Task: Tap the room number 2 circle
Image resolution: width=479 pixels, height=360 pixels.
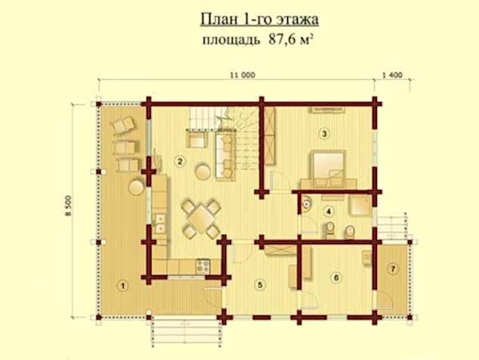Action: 180,160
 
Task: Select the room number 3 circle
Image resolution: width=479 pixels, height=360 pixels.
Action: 323,135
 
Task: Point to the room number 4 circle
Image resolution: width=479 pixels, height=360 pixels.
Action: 329,211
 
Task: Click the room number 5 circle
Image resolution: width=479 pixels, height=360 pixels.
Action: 260,285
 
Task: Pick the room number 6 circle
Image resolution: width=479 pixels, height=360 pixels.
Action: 336,278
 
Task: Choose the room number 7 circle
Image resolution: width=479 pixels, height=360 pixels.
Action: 392,269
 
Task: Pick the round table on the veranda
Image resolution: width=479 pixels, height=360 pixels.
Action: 137,185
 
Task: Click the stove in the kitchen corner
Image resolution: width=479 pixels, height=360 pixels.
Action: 202,265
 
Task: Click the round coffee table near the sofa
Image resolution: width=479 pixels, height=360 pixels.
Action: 202,170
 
